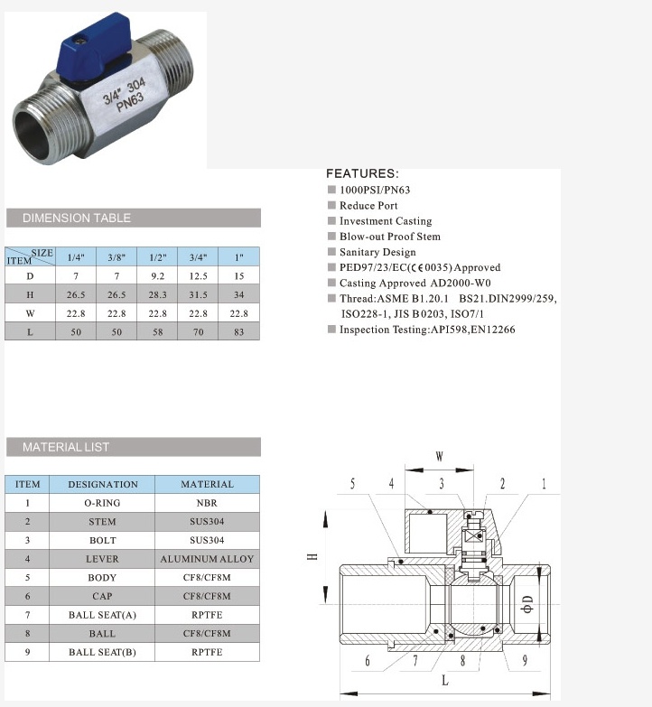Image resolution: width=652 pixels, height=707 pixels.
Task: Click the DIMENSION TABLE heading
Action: pos(77,218)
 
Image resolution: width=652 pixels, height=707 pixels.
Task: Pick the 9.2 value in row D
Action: pos(157,275)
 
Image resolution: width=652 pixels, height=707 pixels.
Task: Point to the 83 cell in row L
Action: pos(238,332)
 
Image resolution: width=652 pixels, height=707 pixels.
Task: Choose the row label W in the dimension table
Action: pos(30,313)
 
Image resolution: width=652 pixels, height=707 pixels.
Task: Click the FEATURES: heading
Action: pos(361,173)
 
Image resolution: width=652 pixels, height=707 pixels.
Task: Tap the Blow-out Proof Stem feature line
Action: pos(390,237)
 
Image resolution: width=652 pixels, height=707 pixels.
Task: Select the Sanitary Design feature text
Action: pos(377,252)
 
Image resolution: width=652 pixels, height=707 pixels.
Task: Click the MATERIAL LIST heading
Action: pos(66,447)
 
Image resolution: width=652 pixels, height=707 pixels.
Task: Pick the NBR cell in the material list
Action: pos(207,503)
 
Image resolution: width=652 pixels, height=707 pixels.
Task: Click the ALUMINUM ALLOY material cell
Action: pos(207,559)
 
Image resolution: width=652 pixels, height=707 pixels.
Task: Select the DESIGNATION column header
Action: pos(103,485)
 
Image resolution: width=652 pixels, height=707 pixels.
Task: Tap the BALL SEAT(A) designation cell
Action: pos(103,615)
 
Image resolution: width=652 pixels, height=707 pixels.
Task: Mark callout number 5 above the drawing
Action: pos(353,485)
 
